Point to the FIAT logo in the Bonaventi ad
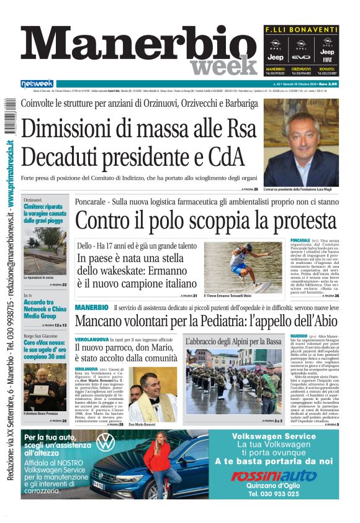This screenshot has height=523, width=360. [x=327, y=60]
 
